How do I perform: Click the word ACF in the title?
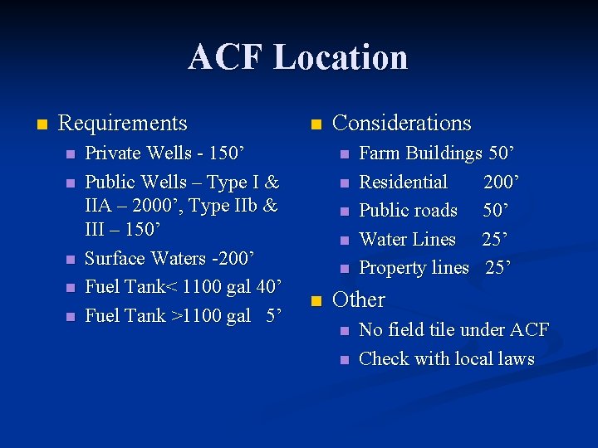(x=225, y=58)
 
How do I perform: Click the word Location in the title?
(x=341, y=58)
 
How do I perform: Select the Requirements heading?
(x=123, y=124)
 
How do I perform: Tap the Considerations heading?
(x=401, y=124)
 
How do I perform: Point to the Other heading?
(x=358, y=299)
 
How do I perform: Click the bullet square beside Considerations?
(x=315, y=124)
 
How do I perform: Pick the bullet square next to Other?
(x=315, y=300)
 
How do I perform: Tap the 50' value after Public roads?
(x=498, y=211)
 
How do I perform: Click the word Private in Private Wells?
(x=111, y=153)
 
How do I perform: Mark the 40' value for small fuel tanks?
(x=272, y=287)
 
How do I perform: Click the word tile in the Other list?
(x=436, y=330)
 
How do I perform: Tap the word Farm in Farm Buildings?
(x=379, y=153)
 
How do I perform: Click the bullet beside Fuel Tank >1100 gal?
(x=71, y=316)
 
